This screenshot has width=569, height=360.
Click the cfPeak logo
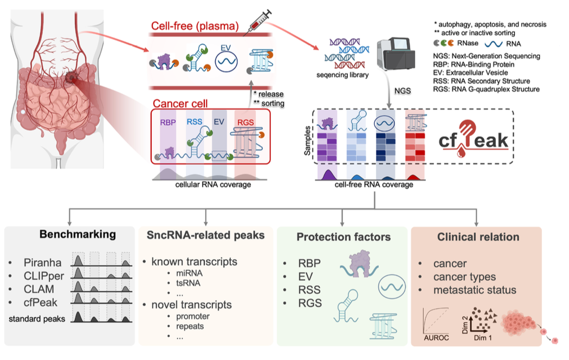[473, 138]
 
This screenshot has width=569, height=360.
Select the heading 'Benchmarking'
[77, 234]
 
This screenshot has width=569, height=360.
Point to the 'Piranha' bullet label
[42, 262]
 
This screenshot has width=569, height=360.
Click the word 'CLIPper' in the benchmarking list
[44, 276]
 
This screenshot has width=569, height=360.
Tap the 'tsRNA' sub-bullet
[188, 283]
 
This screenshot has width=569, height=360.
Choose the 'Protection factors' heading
[344, 237]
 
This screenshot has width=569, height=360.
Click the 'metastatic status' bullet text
[475, 290]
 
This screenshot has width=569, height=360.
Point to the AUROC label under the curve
[436, 338]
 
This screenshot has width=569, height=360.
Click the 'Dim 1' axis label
[483, 338]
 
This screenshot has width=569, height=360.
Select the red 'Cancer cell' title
[180, 104]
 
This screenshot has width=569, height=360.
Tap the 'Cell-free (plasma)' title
[195, 26]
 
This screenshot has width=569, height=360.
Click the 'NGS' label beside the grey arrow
[403, 91]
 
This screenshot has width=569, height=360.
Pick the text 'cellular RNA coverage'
[213, 184]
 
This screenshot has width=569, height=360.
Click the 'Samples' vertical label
[307, 140]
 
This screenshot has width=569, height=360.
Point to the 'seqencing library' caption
[342, 75]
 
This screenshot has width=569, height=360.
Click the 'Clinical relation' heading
[479, 237]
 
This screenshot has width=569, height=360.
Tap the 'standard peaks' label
[37, 319]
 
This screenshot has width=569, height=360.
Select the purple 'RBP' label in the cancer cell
[167, 123]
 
